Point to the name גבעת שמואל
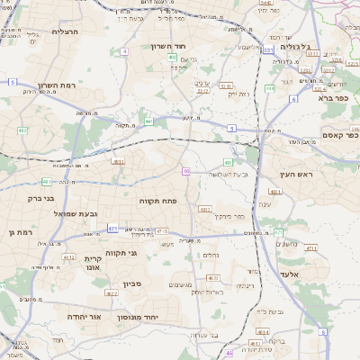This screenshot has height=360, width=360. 89,213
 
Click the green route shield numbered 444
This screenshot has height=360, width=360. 270,88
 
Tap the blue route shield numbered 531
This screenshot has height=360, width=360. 269,51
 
